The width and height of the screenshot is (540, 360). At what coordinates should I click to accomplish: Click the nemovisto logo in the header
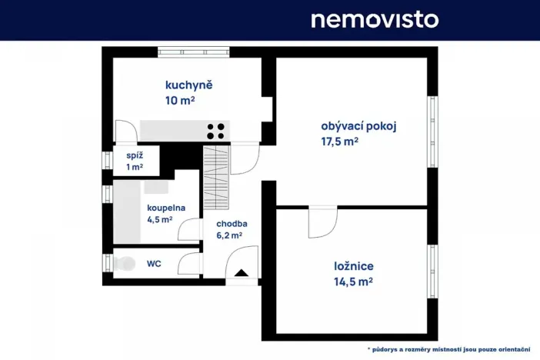tap(375, 19)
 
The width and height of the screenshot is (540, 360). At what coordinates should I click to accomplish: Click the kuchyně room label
tap(188, 85)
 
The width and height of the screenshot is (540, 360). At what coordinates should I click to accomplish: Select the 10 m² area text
tap(178, 100)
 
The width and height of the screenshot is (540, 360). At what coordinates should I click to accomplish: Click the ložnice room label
tap(354, 266)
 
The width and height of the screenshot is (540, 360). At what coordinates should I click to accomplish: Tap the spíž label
tap(135, 155)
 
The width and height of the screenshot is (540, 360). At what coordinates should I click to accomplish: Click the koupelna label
tap(166, 207)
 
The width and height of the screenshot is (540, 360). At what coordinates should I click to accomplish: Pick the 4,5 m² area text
tap(159, 219)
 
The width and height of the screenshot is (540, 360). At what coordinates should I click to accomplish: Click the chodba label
tap(232, 224)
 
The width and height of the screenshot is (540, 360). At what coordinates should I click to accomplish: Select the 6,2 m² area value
tap(229, 236)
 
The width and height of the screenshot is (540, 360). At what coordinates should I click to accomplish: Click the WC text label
tap(154, 263)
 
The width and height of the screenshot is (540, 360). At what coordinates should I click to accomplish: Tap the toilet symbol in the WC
tap(124, 263)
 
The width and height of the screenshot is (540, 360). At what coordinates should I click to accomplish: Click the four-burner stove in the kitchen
tap(216, 130)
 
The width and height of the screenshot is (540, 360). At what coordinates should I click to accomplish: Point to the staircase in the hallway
tap(217, 177)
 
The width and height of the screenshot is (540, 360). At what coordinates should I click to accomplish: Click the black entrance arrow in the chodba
tap(241, 272)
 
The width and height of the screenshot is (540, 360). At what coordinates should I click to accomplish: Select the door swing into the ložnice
tap(322, 222)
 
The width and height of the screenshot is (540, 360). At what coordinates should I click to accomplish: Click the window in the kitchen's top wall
tap(194, 52)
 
